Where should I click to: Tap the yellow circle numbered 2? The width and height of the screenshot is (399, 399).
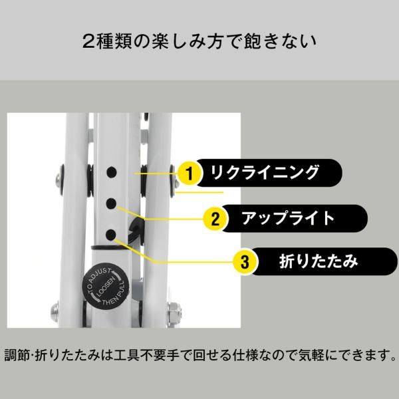[215, 218]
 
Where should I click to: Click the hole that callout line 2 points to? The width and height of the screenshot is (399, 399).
[112, 203]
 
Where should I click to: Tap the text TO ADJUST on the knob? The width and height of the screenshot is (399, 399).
[93, 277]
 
